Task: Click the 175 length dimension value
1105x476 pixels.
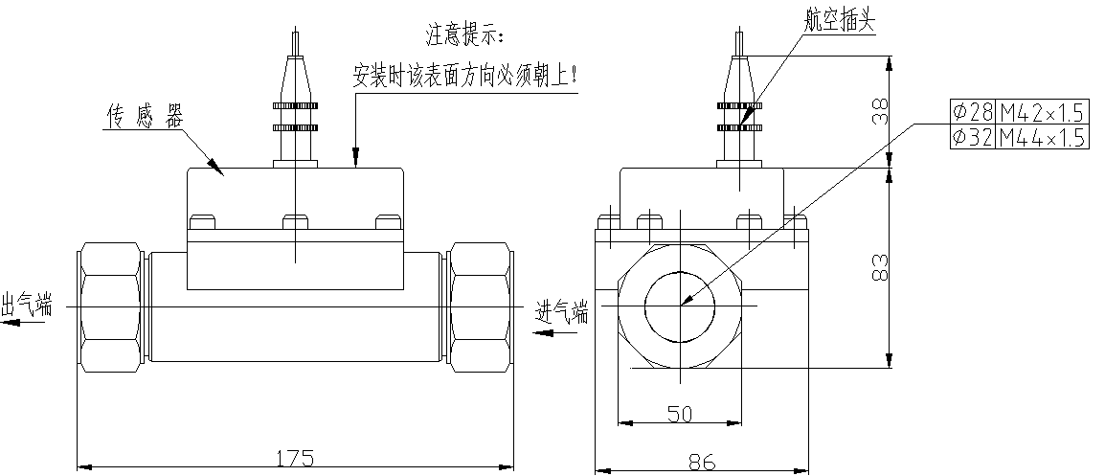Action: click(295, 458)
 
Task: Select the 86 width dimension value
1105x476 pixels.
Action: click(702, 462)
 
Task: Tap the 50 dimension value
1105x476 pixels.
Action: click(680, 413)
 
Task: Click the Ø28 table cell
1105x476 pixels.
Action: click(971, 110)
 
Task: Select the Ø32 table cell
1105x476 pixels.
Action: click(971, 138)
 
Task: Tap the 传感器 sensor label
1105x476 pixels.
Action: click(143, 117)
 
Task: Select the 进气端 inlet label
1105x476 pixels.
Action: click(562, 312)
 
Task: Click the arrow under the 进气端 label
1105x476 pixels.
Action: click(555, 332)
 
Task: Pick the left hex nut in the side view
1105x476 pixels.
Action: click(111, 308)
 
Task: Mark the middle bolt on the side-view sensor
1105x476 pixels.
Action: click(295, 222)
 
